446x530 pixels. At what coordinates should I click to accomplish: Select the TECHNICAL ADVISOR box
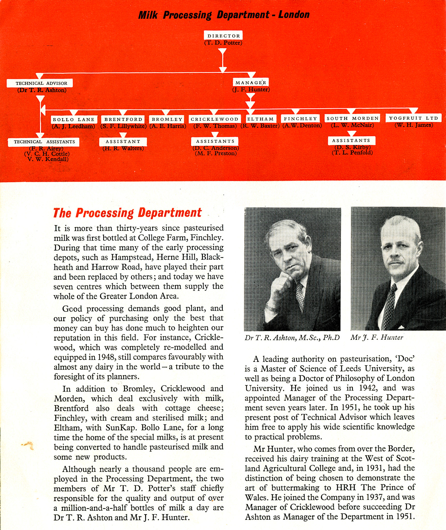[x=40, y=83]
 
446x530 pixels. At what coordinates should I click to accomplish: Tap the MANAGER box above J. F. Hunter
[x=250, y=83]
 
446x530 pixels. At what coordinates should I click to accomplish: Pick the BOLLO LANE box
[x=74, y=120]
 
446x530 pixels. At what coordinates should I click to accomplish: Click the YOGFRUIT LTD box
[x=413, y=118]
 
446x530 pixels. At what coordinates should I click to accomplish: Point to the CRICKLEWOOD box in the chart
[x=214, y=119]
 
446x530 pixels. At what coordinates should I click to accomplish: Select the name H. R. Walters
[x=123, y=148]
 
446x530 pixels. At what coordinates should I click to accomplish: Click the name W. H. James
[x=413, y=125]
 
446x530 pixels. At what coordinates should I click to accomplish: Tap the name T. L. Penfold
[x=352, y=153]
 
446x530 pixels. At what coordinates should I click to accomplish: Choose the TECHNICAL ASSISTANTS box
[x=44, y=142]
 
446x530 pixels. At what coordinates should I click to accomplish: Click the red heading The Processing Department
[x=127, y=213]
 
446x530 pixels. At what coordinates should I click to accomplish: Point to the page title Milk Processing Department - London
[x=224, y=15]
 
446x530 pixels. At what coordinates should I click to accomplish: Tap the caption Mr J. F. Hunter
[x=377, y=337]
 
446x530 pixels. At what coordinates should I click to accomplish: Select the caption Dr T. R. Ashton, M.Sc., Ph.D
[x=292, y=338]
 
